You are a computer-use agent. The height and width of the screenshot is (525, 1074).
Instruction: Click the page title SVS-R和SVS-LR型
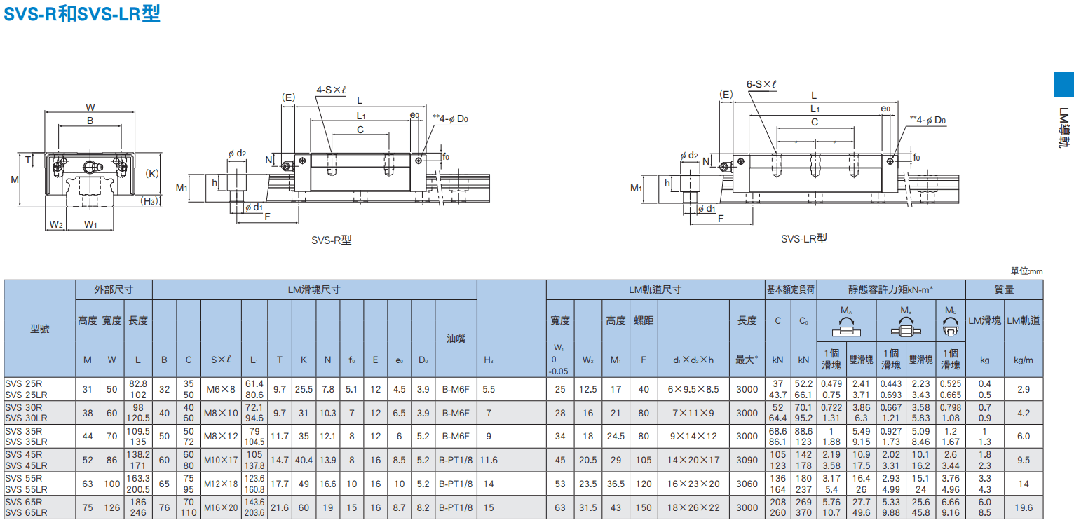[x=82, y=13]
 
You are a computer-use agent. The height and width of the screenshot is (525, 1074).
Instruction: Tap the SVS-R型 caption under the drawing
[x=332, y=240]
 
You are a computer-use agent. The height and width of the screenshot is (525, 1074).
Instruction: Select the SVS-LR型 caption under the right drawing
[x=803, y=238]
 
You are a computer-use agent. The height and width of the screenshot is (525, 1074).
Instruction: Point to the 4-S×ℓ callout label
[x=331, y=90]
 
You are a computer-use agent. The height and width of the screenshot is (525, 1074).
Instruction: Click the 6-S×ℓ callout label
[x=761, y=84]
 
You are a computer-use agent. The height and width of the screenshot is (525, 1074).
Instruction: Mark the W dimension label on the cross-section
[x=90, y=107]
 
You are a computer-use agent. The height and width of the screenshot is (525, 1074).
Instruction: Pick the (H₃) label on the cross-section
[x=149, y=201]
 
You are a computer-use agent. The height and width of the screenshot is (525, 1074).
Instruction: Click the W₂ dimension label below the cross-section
[x=56, y=224]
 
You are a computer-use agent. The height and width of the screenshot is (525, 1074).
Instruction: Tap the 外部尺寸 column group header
[x=114, y=289]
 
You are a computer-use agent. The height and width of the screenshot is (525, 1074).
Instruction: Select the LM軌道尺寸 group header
[x=655, y=289]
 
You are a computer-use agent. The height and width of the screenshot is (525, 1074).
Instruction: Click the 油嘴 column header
[x=456, y=339]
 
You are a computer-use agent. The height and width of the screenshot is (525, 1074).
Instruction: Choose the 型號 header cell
[x=40, y=329]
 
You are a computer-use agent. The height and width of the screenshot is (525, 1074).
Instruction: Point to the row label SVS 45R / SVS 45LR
[x=27, y=460]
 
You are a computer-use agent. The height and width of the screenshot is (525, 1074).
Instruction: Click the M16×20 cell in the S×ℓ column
[x=221, y=507]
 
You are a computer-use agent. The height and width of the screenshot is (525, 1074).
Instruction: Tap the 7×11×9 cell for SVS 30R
[x=693, y=413]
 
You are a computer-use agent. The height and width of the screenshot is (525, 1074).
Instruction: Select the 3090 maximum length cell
[x=747, y=460]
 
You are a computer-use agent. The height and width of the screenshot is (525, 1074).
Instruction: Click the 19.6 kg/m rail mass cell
[x=1024, y=507]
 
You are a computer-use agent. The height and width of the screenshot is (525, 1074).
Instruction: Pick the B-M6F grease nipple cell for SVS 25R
[x=456, y=389]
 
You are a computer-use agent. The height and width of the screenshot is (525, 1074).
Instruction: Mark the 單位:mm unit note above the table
[x=1026, y=271]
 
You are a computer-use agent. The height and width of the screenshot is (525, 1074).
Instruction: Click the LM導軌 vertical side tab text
[x=1064, y=128]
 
